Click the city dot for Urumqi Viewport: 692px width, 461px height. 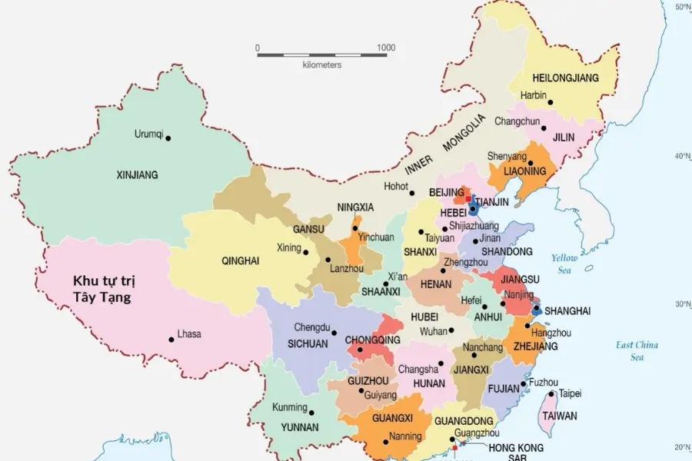tap(168, 138)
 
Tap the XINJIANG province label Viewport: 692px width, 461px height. tap(137, 175)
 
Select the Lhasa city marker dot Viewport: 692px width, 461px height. tap(171, 340)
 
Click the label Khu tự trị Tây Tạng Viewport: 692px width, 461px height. tap(101, 289)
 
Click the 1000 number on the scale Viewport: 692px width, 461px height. tap(386, 48)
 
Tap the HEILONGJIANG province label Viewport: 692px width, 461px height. tap(565, 78)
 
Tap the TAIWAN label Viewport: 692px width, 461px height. tap(560, 416)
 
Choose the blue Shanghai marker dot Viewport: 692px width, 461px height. tap(536, 311)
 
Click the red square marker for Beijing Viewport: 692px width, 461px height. tap(468, 198)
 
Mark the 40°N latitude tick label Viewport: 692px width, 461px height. tap(682, 156)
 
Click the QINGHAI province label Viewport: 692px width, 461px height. tap(240, 261)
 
